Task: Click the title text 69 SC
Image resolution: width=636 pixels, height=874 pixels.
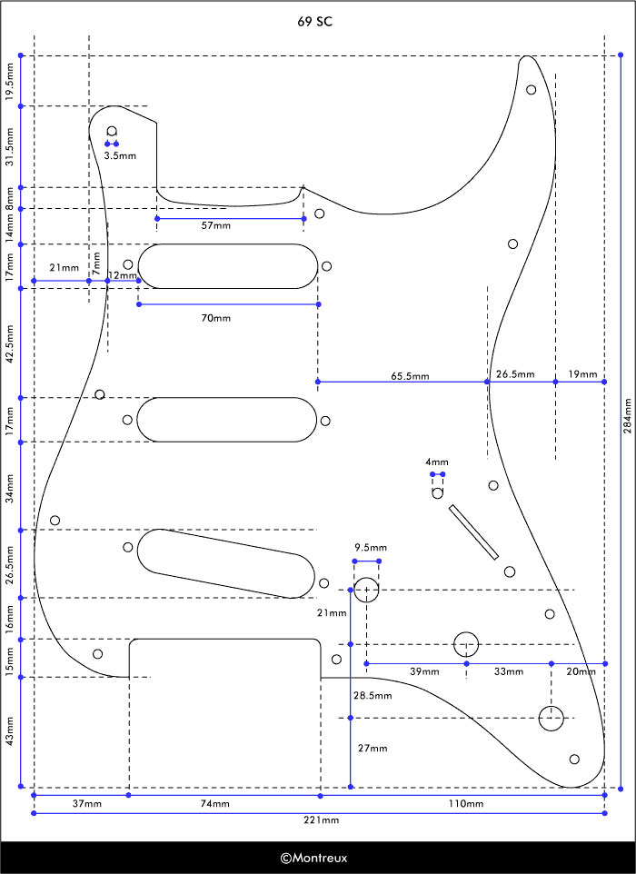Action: [x=315, y=22]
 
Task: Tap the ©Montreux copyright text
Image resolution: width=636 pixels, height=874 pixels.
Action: [x=313, y=858]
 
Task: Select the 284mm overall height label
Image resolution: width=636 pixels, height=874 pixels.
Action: [x=628, y=416]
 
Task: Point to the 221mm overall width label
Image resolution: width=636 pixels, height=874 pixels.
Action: [x=321, y=819]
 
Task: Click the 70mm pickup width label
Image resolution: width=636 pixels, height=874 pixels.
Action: [x=215, y=318]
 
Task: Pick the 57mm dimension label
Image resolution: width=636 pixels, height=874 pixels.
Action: [x=215, y=225]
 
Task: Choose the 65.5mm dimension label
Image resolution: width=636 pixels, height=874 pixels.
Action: [x=410, y=376]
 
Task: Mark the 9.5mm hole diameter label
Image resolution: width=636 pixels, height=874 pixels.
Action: [x=371, y=547]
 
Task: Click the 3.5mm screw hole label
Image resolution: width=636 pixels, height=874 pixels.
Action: [x=120, y=156]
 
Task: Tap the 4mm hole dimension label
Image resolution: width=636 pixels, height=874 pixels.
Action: [x=436, y=462]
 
